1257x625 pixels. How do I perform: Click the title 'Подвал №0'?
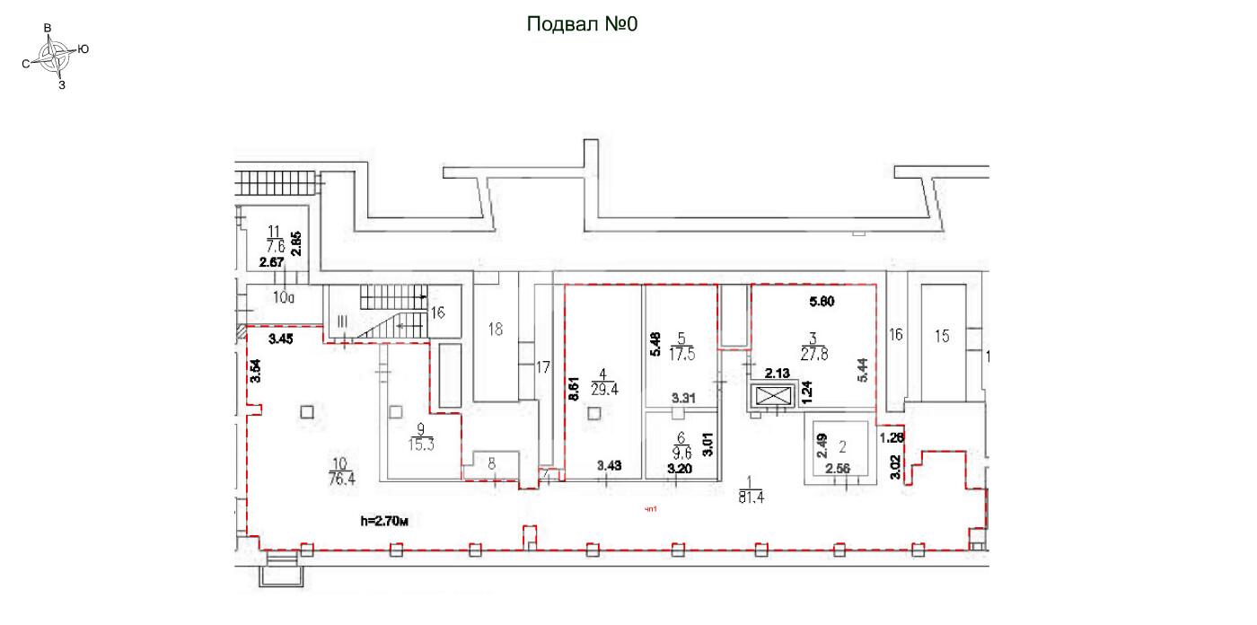[x=581, y=24]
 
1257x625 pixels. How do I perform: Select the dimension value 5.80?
[x=822, y=302]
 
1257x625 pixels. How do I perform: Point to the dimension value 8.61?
[x=572, y=392]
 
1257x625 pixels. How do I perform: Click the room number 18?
[x=496, y=329]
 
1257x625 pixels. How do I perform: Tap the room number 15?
[x=941, y=337]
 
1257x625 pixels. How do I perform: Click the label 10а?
[x=285, y=296]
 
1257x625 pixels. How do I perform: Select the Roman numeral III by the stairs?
[x=342, y=321]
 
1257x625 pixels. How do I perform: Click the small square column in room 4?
[x=593, y=413]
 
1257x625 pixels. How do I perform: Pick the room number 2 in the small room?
[x=842, y=445]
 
